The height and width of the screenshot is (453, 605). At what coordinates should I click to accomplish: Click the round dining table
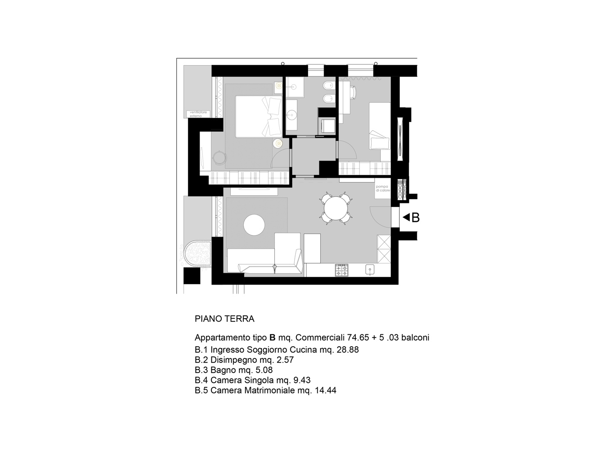tap(335, 208)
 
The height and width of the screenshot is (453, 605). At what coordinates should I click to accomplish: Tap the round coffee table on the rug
tap(254, 225)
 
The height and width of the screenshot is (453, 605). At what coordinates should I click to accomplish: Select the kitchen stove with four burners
tap(342, 270)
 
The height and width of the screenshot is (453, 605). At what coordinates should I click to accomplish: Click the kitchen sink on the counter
tap(369, 269)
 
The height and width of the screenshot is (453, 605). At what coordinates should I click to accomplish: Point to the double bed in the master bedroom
tap(259, 116)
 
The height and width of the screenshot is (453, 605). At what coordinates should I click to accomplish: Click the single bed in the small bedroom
tap(380, 126)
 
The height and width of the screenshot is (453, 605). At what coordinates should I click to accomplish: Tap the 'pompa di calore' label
tap(382, 188)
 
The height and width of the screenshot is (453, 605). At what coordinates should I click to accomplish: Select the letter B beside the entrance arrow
tap(415, 218)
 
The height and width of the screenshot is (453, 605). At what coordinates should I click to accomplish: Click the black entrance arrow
tap(406, 218)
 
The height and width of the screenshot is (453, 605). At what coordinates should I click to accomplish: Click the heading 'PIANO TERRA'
tap(224, 319)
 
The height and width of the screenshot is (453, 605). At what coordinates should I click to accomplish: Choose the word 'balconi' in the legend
tap(415, 337)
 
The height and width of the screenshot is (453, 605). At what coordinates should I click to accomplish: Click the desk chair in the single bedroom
tap(353, 92)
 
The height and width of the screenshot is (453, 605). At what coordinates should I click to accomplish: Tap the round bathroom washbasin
tap(291, 114)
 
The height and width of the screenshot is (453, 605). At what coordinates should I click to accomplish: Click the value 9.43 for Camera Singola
tap(302, 380)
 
